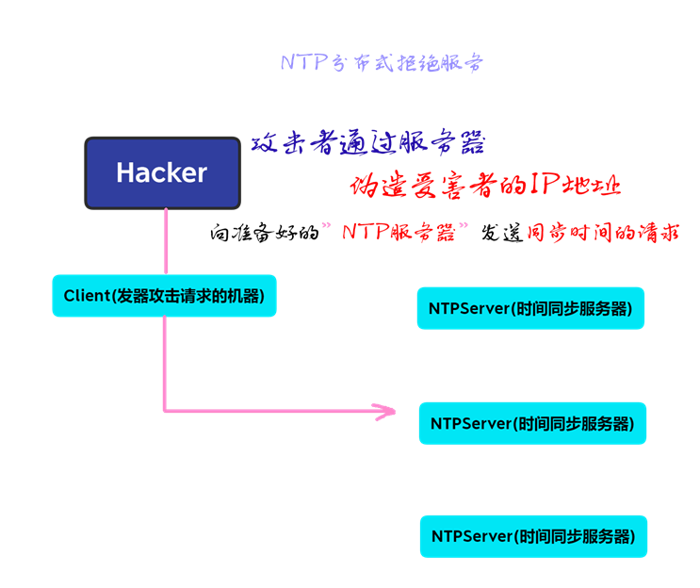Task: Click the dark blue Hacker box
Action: pyautogui.click(x=162, y=172)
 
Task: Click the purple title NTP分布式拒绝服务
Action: pyautogui.click(x=382, y=63)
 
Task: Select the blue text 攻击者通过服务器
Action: pyautogui.click(x=368, y=143)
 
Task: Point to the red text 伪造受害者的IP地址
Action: pyautogui.click(x=485, y=185)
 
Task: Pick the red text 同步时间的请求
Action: pyautogui.click(x=603, y=233)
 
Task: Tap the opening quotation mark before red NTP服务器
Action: pyautogui.click(x=326, y=226)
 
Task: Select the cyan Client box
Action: pyautogui.click(x=164, y=296)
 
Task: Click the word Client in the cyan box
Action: pyautogui.click(x=87, y=296)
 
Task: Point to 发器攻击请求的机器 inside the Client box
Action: pyautogui.click(x=188, y=296)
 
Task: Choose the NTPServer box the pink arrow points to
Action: pyautogui.click(x=532, y=423)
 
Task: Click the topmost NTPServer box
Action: pyautogui.click(x=530, y=308)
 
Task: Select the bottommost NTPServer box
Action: pyautogui.click(x=533, y=536)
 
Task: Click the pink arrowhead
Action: pyautogui.click(x=384, y=411)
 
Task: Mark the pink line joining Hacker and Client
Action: pyautogui.click(x=166, y=241)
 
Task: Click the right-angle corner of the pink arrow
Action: pyautogui.click(x=165, y=410)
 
